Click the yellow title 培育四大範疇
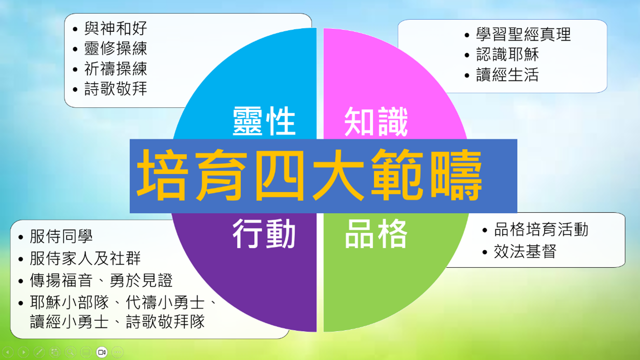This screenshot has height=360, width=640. click(310, 175)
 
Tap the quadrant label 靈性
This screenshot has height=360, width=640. click(264, 121)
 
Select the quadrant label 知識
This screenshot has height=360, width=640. click(376, 122)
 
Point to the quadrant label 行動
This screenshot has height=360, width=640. click(264, 233)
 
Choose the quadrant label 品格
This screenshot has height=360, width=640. click(376, 233)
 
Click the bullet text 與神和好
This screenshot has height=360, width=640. click(115, 28)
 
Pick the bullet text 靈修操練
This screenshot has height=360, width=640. click(115, 48)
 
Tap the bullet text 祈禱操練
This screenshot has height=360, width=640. click(115, 69)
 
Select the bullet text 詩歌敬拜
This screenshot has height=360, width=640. click(115, 89)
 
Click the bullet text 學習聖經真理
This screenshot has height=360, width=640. click(523, 35)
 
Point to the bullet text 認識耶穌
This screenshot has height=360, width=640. click(507, 54)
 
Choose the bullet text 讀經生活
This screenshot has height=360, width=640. click(507, 75)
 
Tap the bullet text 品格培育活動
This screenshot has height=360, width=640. click(541, 229)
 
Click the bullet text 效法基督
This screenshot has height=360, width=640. click(525, 252)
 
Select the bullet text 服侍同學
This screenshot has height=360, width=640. click(61, 236)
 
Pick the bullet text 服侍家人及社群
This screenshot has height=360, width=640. click(85, 258)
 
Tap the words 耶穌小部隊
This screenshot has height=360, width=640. click(70, 303)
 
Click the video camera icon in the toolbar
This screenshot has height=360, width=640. click(102, 352)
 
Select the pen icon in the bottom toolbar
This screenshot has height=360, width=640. click(39, 352)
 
